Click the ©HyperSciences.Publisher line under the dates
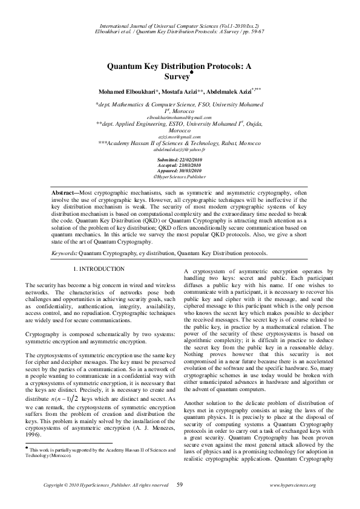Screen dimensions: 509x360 point(179,177)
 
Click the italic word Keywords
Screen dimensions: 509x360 point(63,254)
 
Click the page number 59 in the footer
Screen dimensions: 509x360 point(180,485)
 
